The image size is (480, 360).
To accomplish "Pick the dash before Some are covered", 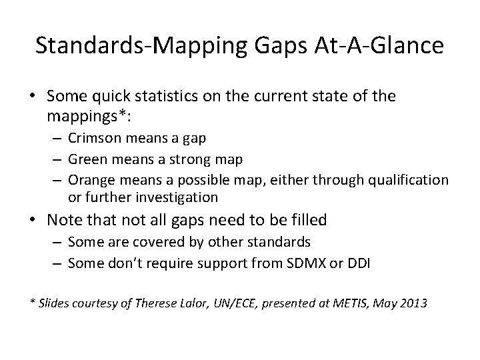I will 57,241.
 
